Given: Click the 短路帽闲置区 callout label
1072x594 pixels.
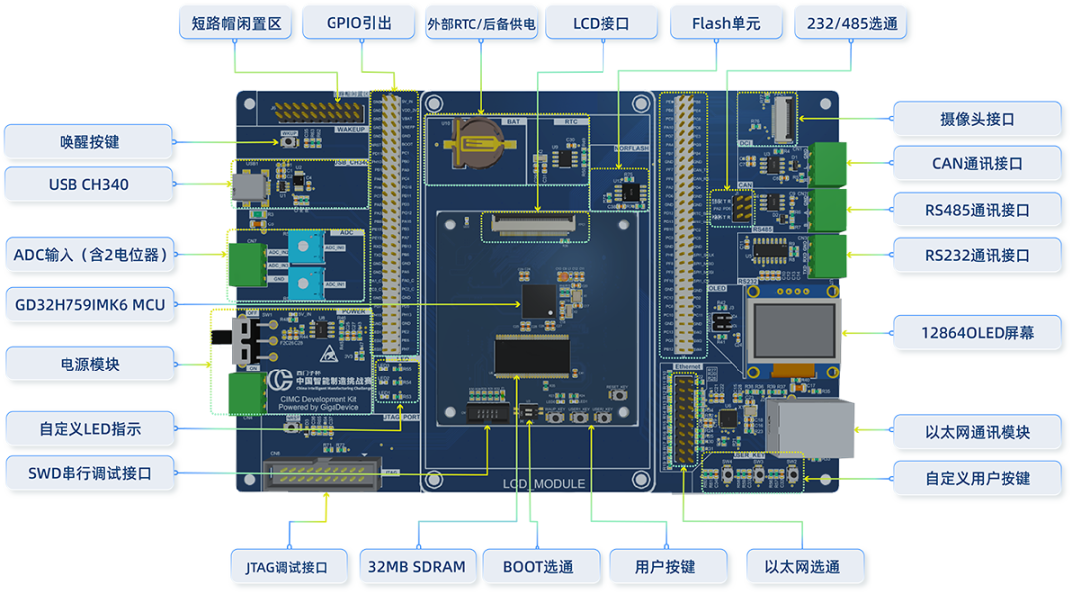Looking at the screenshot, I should click(235, 23).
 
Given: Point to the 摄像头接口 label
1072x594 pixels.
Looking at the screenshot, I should click(977, 119).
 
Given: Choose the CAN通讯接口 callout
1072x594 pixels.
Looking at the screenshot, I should click(977, 164).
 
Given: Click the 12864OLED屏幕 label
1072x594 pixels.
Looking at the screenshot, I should click(977, 332).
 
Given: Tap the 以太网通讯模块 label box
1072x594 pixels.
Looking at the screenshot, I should click(977, 432).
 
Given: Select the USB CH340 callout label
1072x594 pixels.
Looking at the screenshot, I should click(88, 184).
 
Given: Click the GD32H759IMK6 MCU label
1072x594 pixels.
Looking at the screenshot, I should click(88, 303).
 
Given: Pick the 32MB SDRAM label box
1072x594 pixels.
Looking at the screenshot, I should click(416, 567).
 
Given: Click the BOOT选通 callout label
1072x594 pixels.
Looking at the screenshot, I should click(538, 567).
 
